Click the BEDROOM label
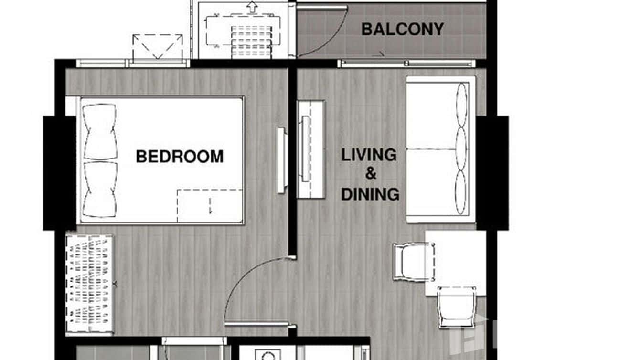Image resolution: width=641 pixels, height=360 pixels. click(180, 157)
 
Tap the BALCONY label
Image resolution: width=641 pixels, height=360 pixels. click(402, 29)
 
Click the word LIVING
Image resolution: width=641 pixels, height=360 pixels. click(369, 155)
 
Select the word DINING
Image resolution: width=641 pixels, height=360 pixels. click(370, 194)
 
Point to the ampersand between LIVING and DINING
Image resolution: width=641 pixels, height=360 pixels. click(371, 174)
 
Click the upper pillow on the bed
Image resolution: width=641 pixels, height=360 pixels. click(100, 132)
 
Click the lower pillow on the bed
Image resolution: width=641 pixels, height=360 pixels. click(100, 189)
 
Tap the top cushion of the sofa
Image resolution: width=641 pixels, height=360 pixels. click(462, 105)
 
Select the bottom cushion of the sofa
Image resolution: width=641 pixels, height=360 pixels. click(461, 192)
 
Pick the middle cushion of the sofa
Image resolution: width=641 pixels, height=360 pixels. click(461, 148)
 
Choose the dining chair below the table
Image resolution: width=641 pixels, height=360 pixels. click(457, 306)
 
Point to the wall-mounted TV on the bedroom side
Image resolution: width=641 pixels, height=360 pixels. click(282, 160)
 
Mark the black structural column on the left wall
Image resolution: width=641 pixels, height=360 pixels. click(59, 173)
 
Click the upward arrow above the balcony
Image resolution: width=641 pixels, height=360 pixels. click(251, 8)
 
